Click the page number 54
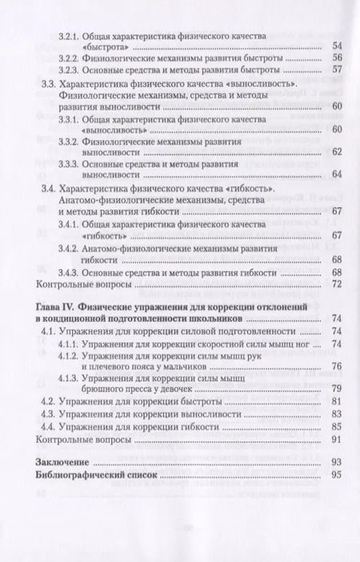[x=336, y=45]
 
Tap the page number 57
[x=336, y=70]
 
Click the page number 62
[x=336, y=151]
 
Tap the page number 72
[x=336, y=284]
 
